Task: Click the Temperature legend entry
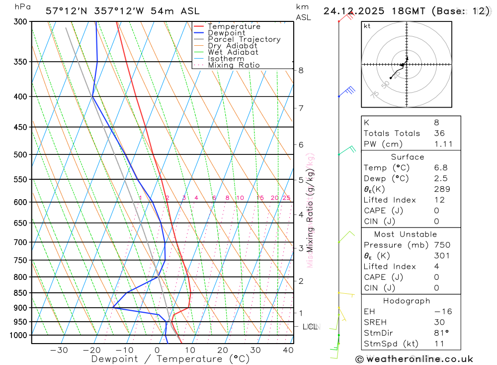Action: pos(234,26)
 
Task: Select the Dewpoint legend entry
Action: pos(227,33)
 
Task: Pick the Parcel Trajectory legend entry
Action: pos(244,39)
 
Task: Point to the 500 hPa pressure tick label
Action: pos(20,154)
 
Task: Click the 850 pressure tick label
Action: pos(20,293)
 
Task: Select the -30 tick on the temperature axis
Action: pos(59,350)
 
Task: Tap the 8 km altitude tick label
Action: pos(301,70)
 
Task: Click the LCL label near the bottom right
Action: pos(310,327)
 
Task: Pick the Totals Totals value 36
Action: pos(439,133)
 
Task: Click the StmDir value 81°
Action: pos(440,333)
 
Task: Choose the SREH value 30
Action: pos(439,322)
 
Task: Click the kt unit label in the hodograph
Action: pos(367,26)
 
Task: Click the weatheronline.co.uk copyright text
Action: pos(414,359)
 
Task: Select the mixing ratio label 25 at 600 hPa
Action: pos(286,198)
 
